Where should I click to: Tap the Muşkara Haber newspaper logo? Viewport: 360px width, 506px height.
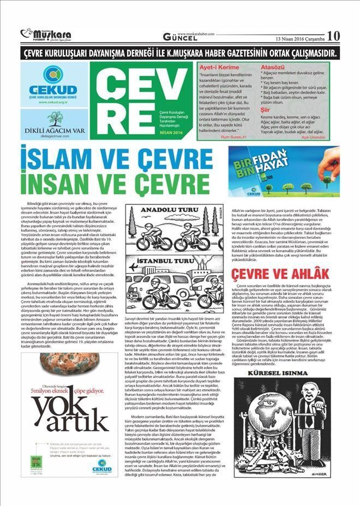[x=46, y=35]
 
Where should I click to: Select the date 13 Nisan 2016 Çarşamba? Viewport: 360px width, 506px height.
[x=299, y=39]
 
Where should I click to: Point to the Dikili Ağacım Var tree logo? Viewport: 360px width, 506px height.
[x=53, y=119]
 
